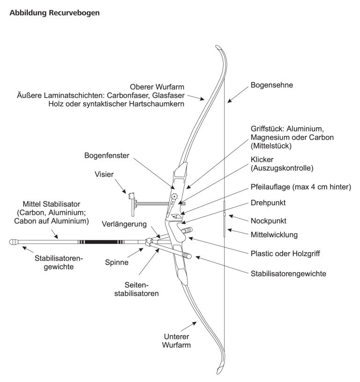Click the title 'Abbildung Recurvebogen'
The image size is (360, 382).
[x=54, y=13]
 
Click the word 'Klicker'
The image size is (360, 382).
[x=263, y=159]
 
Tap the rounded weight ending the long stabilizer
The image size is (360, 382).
[x=14, y=242]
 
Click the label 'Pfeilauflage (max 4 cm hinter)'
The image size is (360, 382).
[x=300, y=187]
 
